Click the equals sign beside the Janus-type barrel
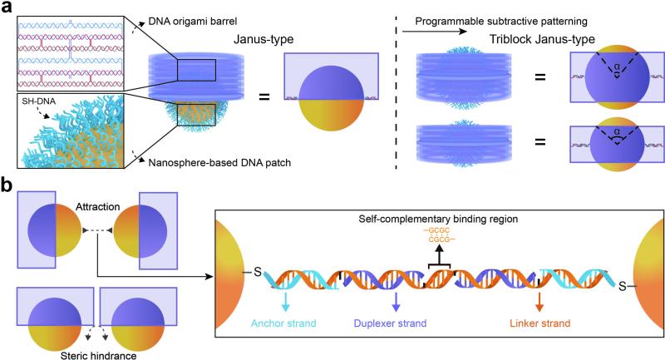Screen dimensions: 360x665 click(x=265, y=98)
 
